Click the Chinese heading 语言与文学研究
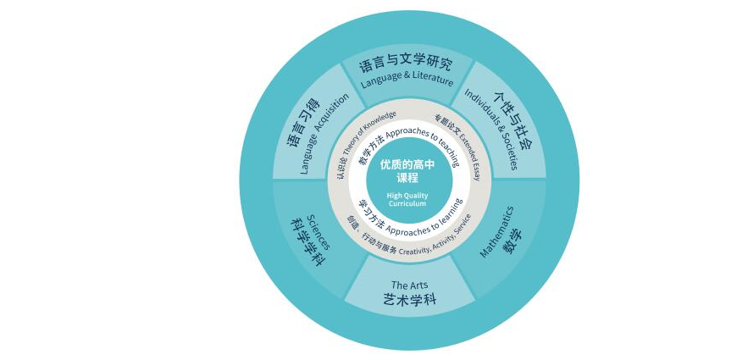tap(405, 64)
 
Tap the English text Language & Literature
tap(407, 80)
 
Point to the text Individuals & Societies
tap(491, 130)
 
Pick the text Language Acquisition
tap(324, 134)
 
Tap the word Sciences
tap(318, 232)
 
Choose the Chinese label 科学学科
tap(308, 242)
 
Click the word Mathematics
tap(496, 231)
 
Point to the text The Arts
tap(409, 285)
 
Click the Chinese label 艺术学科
tap(410, 300)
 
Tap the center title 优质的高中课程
tap(407, 171)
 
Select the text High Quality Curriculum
tap(407, 199)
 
